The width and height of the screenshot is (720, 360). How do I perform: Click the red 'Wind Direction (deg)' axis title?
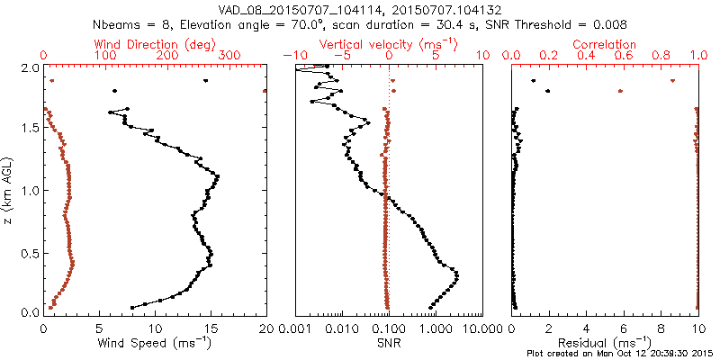pyautogui.click(x=155, y=43)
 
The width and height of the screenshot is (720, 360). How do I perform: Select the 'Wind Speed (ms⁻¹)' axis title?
pyautogui.click(x=155, y=343)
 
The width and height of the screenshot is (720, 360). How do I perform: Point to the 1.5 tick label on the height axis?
pyautogui.click(x=31, y=129)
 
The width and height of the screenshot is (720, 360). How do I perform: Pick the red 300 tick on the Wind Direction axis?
pyautogui.click(x=230, y=56)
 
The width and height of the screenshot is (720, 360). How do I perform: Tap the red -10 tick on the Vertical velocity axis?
pyautogui.click(x=293, y=56)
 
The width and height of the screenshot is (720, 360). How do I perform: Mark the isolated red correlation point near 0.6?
pyautogui.click(x=620, y=91)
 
